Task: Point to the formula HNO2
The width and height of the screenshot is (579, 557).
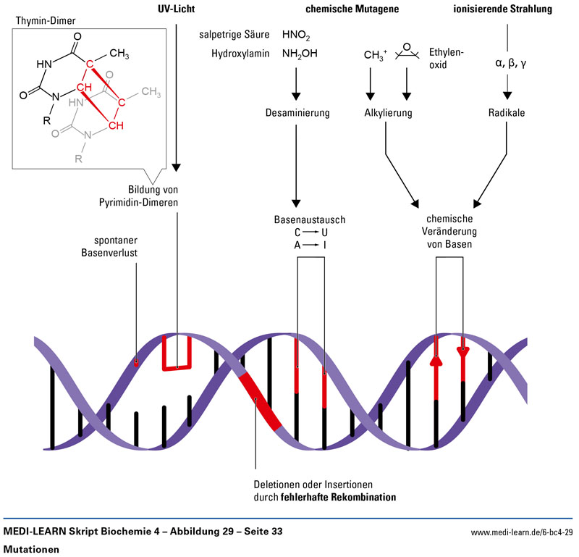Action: click(296, 35)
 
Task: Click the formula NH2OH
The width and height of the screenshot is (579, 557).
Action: click(300, 54)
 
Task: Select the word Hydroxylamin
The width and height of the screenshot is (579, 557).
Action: click(240, 54)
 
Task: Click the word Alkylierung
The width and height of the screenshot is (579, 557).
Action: click(388, 114)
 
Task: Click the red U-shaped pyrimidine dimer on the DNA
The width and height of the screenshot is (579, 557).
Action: click(176, 353)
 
